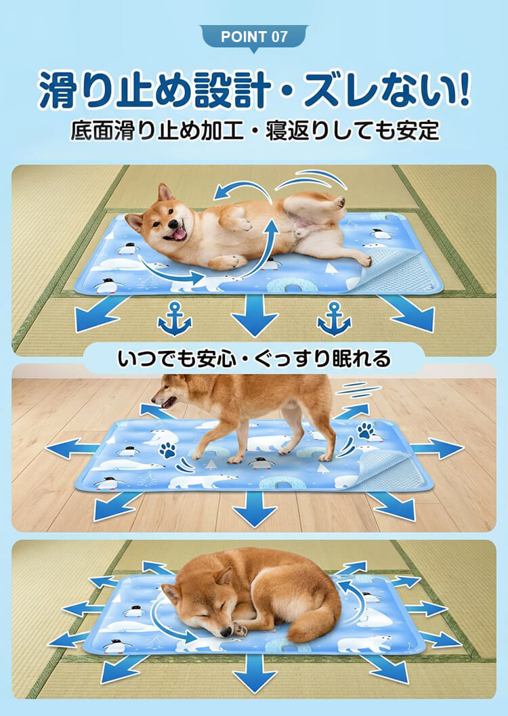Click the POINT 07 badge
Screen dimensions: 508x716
pyautogui.click(x=254, y=37)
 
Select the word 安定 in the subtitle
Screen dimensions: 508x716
pyautogui.click(x=418, y=131)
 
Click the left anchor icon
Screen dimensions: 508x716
pyautogui.click(x=175, y=319)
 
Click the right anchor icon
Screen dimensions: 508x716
pyautogui.click(x=334, y=319)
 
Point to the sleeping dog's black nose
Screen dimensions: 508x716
pyautogui.click(x=226, y=632)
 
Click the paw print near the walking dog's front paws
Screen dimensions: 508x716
pyautogui.click(x=167, y=450)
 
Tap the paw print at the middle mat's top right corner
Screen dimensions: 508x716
pyautogui.click(x=366, y=430)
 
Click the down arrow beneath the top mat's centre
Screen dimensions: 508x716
pyautogui.click(x=254, y=316)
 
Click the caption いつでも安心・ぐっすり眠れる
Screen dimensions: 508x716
pyautogui.click(x=254, y=359)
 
